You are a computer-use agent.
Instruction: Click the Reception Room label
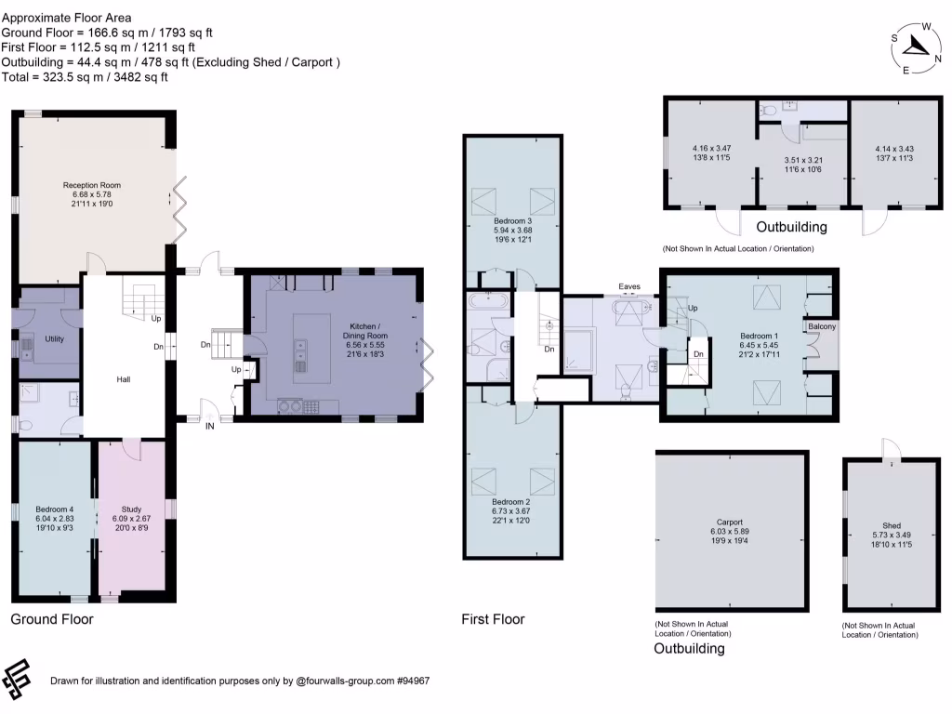[x=92, y=185]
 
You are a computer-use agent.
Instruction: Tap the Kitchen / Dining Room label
[x=364, y=331]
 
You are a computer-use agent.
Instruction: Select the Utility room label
[x=54, y=338]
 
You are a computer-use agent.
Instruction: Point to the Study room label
[x=131, y=509]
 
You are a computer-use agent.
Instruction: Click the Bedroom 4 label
[x=54, y=509]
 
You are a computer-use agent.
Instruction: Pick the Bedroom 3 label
[x=512, y=221]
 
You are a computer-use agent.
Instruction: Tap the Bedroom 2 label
[x=510, y=502]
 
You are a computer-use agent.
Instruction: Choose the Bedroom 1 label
[x=759, y=336]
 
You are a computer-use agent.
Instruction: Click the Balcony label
[x=822, y=326]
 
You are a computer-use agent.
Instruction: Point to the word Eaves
[x=629, y=286]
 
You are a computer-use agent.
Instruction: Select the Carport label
[x=729, y=522]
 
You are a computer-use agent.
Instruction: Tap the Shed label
[x=892, y=526]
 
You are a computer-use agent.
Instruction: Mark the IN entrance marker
[x=209, y=426]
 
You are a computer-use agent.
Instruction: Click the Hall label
[x=124, y=379]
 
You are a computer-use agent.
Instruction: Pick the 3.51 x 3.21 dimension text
[x=802, y=160]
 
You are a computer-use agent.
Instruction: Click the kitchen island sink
[x=301, y=355]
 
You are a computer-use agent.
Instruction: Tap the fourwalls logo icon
[x=17, y=680]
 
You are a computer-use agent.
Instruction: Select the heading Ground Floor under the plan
[x=52, y=619]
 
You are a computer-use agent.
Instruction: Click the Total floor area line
[x=85, y=77]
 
